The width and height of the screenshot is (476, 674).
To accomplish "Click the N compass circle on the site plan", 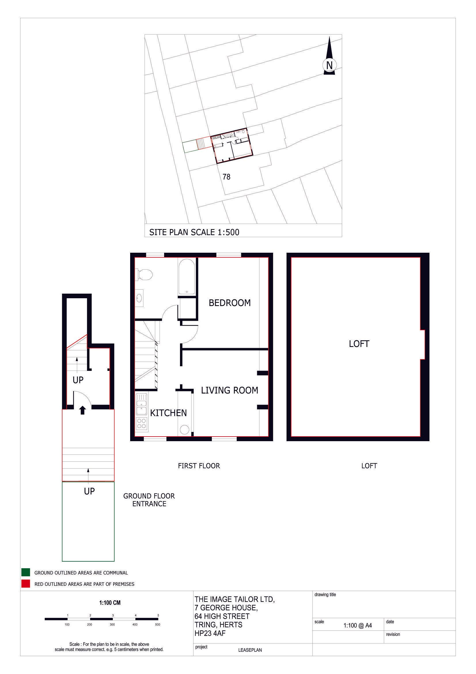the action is (329, 65).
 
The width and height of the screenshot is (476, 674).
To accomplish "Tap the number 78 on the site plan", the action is (226, 177).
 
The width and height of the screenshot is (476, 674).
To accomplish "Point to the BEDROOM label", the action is (230, 303).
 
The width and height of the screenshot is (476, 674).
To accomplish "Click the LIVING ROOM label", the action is (230, 390).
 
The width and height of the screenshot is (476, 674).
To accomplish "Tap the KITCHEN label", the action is (168, 413).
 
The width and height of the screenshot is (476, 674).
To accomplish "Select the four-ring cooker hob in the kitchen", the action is (142, 423).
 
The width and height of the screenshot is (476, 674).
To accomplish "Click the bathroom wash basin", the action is (139, 298).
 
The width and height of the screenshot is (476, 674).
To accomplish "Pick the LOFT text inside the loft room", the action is (359, 344).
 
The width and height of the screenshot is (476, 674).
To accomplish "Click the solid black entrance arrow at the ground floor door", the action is (82, 410).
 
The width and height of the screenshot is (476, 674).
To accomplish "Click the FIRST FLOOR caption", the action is (199, 466).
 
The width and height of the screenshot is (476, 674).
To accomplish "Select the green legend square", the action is (26, 573).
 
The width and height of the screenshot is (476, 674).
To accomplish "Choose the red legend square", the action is (26, 584).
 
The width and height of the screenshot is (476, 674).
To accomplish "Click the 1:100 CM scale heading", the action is (110, 603).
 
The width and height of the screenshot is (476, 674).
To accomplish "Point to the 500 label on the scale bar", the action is (158, 624).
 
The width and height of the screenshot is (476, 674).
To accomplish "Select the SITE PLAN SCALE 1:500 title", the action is (194, 232).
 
